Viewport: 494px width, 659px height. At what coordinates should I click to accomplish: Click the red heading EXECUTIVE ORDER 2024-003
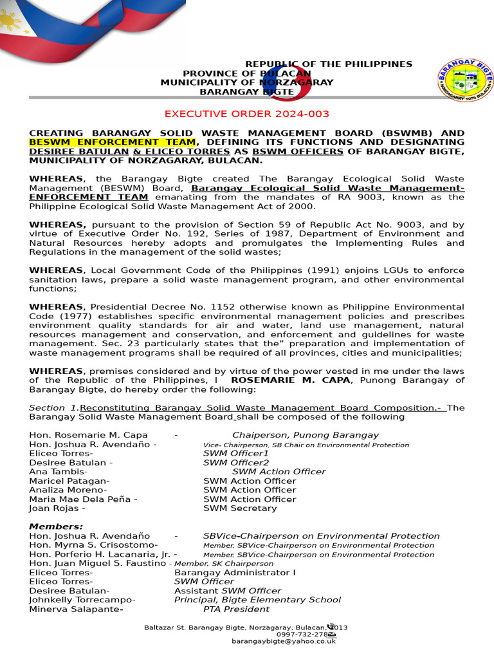(247, 114)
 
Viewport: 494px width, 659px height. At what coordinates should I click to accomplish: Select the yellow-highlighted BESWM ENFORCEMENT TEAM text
(113, 142)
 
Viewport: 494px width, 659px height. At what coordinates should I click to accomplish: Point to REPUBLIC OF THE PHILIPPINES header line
(329, 64)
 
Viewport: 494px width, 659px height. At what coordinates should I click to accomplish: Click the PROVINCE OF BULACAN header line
(247, 73)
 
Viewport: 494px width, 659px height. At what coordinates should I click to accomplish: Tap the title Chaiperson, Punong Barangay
(305, 435)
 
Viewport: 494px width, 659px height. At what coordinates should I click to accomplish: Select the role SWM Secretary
(240, 508)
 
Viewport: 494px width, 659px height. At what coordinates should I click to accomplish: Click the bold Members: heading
(56, 526)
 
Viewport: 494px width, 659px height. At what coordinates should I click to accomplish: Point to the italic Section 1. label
(54, 408)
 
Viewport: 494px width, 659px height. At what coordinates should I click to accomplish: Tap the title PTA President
(236, 609)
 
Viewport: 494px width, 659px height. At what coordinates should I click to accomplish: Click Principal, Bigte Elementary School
(257, 600)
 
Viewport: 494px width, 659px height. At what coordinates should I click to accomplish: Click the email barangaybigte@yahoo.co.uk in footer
(284, 641)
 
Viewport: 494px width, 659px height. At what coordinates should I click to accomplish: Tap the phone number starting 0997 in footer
(302, 634)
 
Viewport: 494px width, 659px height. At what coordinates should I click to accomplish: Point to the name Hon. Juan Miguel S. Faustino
(97, 563)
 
